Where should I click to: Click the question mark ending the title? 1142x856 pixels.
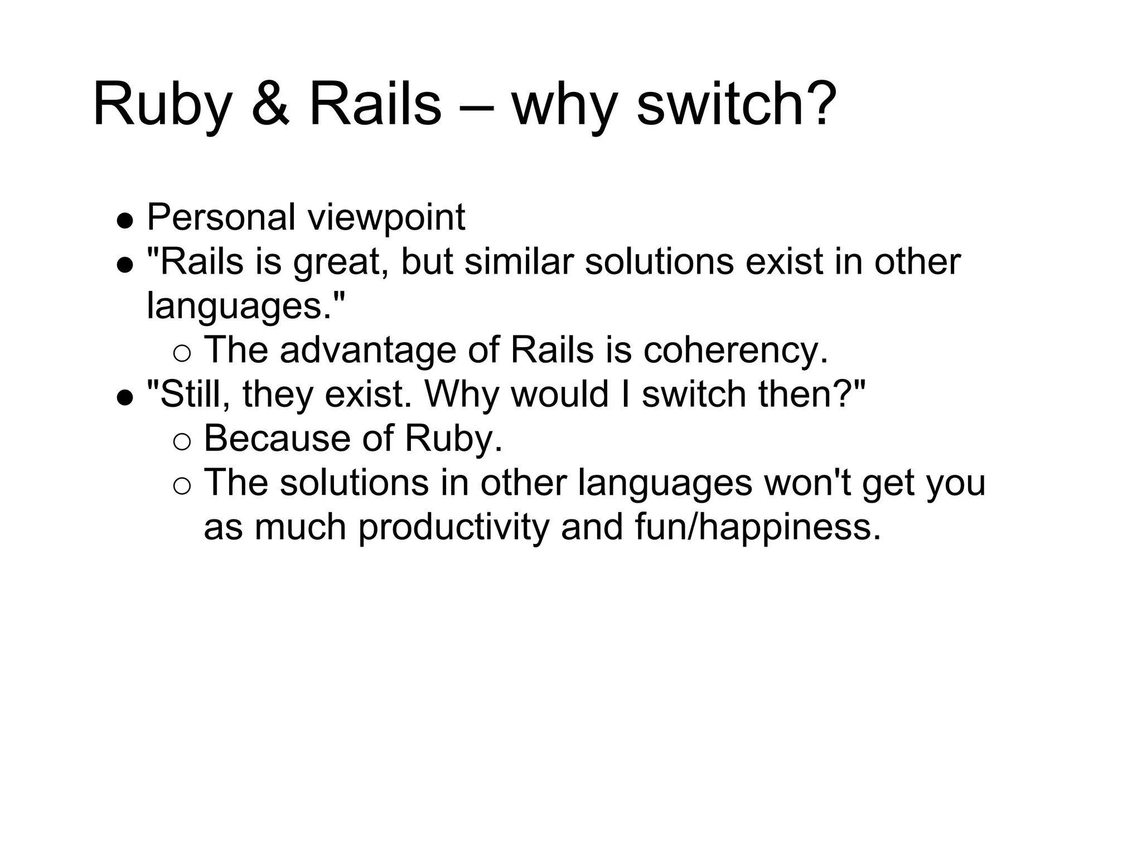819,104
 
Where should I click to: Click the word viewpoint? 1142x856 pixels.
387,218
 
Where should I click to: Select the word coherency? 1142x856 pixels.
735,351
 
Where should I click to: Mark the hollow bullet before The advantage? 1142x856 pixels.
182,353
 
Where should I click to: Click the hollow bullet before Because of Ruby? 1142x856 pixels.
182,442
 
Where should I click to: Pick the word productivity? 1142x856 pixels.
453,527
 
